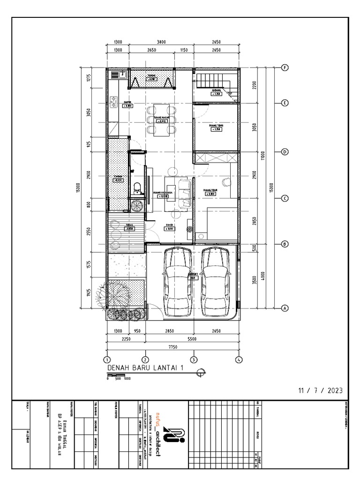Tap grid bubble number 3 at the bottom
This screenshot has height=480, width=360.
193,360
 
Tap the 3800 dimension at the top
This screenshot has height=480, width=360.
161,42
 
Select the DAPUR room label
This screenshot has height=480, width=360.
127,102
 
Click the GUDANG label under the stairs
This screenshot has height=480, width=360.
216,90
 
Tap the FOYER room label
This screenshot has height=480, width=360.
170,225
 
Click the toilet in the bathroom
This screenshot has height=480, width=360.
137,187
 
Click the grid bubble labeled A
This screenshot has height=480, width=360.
284,308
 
